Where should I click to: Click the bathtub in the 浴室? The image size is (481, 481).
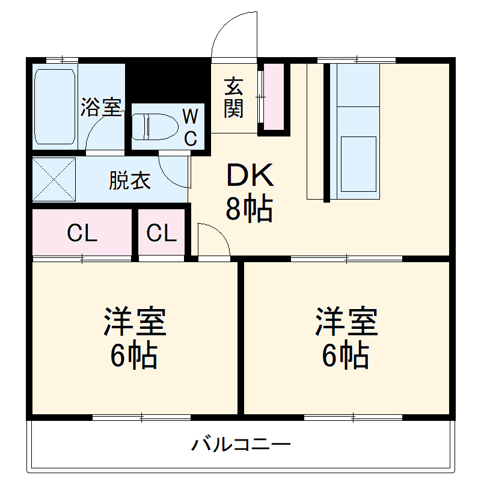coord(55,106)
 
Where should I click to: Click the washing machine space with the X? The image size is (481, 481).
coord(54,179)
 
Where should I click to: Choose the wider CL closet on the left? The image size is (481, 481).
coord(82,233)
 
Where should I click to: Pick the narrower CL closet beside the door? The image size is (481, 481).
coord(162,233)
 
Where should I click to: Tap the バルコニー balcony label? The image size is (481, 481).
coord(240,445)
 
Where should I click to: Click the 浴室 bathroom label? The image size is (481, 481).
coord(101,108)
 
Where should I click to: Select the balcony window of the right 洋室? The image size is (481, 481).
coord(353,417)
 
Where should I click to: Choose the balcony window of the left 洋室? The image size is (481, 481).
coord(142,417)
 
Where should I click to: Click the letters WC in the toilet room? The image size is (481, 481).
coord(190,126)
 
